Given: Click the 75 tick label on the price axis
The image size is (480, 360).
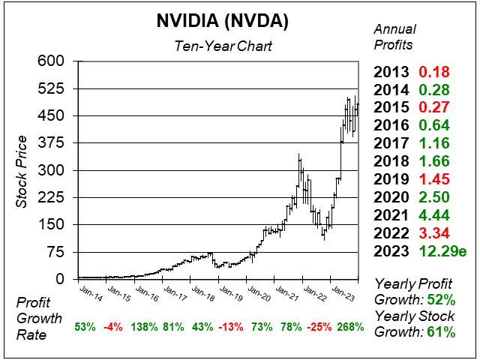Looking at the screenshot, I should click(x=58, y=252).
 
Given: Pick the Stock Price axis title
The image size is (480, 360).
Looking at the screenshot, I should click(x=22, y=171).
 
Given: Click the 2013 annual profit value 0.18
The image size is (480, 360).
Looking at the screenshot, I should click(x=432, y=73).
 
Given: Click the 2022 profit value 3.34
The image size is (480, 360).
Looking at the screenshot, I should click(x=432, y=233).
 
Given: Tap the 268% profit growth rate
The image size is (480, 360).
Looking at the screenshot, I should click(x=349, y=327).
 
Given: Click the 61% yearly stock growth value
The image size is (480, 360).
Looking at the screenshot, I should click(x=440, y=332).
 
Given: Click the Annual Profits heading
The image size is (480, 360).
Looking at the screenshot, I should click(x=395, y=35).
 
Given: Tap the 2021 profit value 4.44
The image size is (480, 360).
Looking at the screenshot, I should click(x=432, y=215).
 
